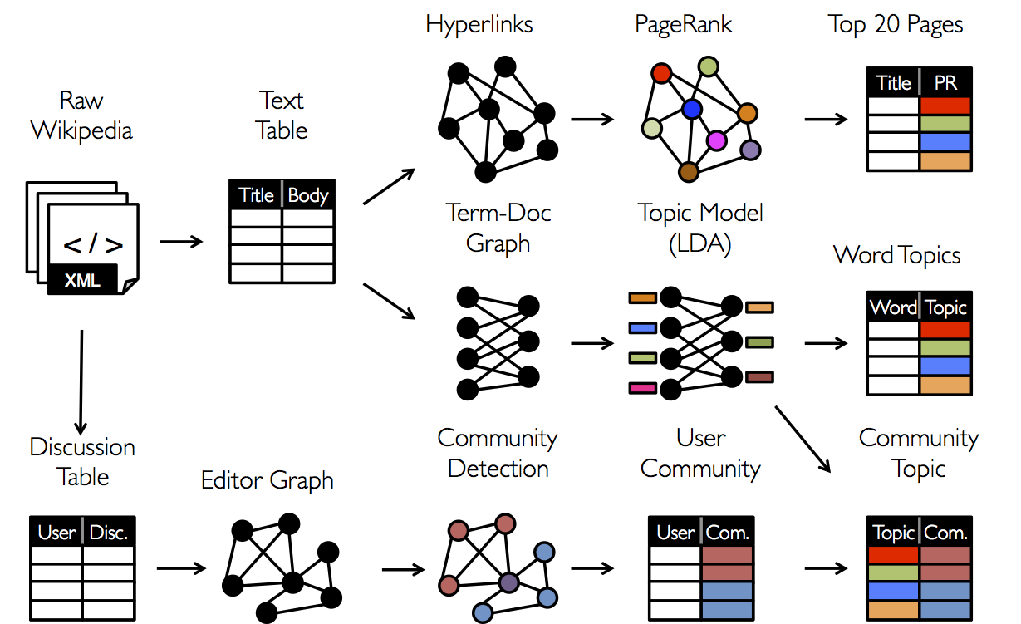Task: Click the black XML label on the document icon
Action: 82,279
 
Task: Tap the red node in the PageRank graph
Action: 661,74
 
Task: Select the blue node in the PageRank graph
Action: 691,109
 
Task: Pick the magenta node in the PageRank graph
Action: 716,140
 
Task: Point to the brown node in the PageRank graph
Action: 688,172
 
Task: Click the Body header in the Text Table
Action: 308,195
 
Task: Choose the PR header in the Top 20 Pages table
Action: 945,83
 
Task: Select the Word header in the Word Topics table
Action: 893,307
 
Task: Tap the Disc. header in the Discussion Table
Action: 109,533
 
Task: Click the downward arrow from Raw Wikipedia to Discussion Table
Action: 81,381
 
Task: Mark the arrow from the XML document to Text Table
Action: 180,242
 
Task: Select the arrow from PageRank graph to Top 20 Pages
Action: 826,119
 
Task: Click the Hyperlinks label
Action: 479,24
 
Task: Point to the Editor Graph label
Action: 268,480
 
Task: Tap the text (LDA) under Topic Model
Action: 700,243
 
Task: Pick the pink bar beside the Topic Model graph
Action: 642,387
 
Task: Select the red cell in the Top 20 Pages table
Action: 945,106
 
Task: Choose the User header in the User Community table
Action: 675,533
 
